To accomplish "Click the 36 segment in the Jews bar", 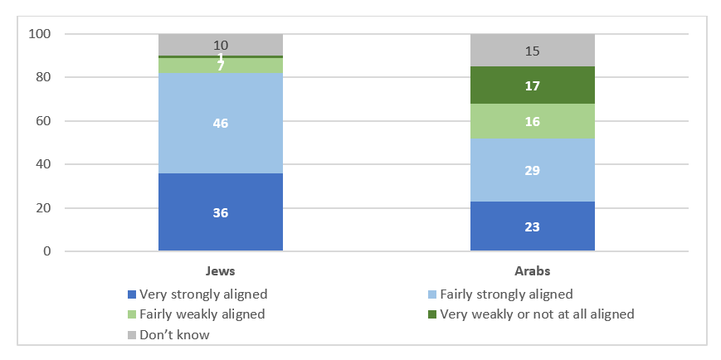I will pos(220,212).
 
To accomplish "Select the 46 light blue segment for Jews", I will pos(220,123).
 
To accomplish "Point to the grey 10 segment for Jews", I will pos(220,45).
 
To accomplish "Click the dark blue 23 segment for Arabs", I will pos(532,226).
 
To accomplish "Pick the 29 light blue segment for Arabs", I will pos(532,169).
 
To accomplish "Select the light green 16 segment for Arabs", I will pos(532,121).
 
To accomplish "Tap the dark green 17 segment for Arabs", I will pos(532,85).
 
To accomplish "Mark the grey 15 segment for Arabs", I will pos(532,51).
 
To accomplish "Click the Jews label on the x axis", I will pos(220,270).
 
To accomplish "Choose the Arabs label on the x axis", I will pos(532,270).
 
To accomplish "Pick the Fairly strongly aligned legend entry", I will pos(499,294).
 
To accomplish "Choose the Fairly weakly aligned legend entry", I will pos(196,314).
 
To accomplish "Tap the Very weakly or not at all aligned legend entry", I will pos(530,314).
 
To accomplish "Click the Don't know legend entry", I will pos(168,335).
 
